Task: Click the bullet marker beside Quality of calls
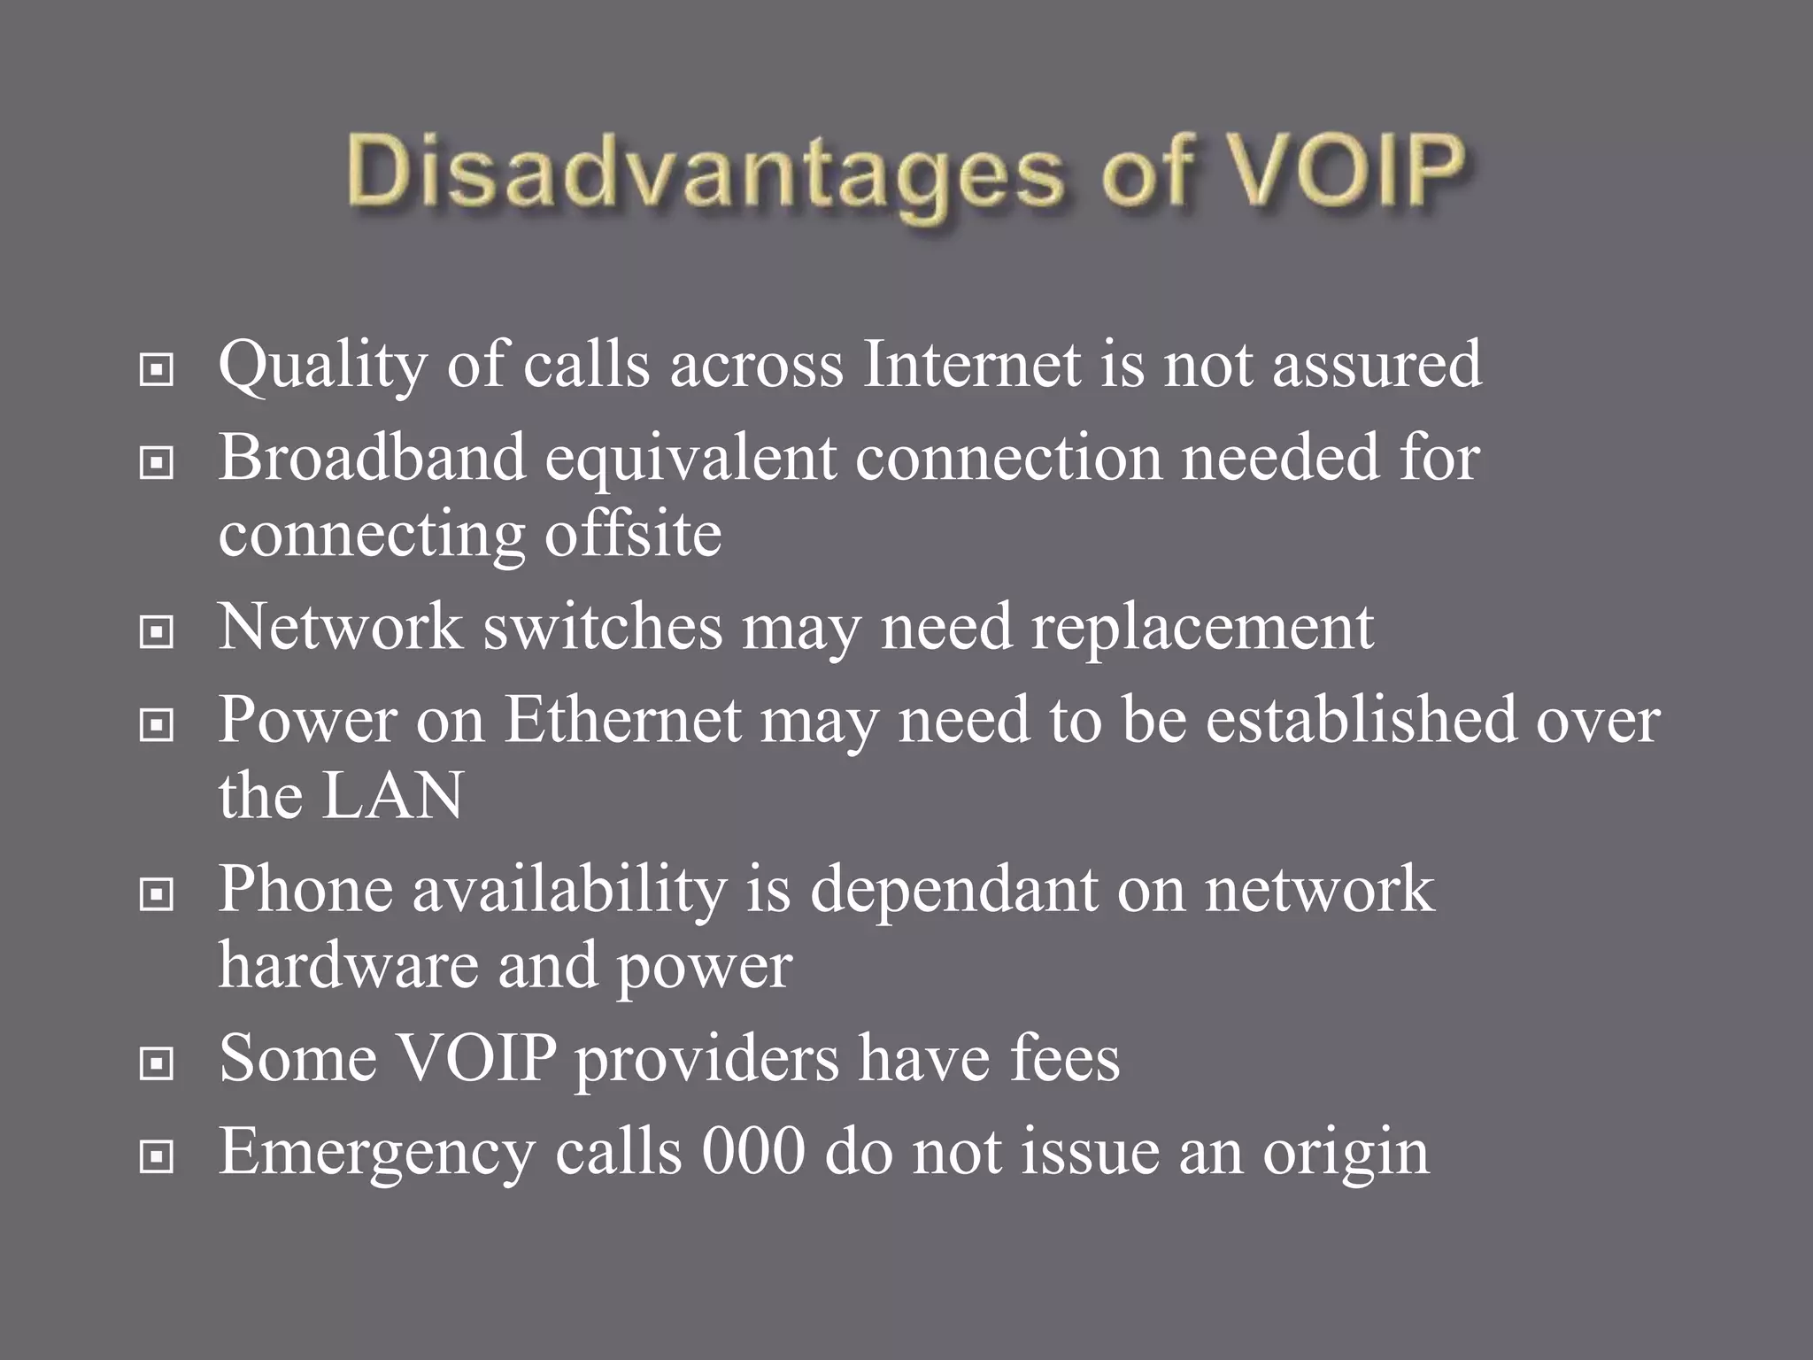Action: click(157, 370)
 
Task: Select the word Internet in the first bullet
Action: click(971, 364)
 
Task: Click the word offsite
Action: click(632, 534)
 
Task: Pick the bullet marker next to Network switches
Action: click(157, 632)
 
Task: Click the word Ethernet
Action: click(622, 719)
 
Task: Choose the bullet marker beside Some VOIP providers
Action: click(157, 1063)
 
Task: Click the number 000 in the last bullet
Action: click(753, 1151)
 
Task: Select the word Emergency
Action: click(377, 1153)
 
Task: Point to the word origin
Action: click(1346, 1155)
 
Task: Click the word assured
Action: click(1377, 364)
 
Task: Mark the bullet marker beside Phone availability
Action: click(157, 895)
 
